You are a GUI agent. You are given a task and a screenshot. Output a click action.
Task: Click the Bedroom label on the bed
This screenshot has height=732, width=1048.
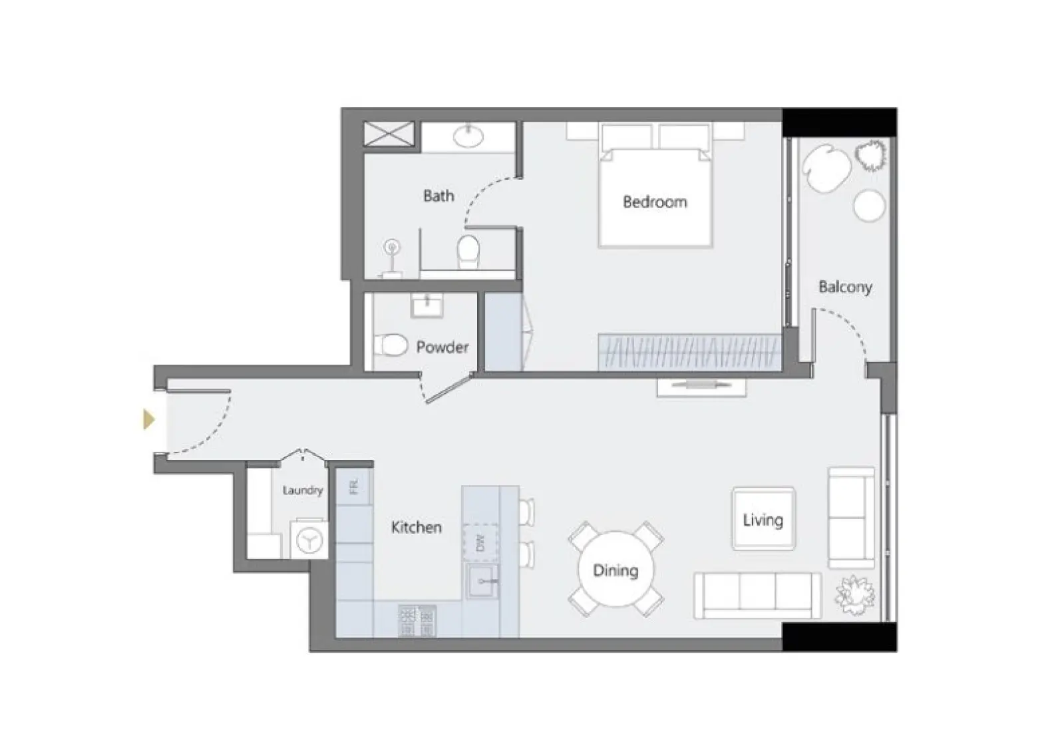coord(655,202)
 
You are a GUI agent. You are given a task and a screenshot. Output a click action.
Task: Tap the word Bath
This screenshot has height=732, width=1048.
coord(438,196)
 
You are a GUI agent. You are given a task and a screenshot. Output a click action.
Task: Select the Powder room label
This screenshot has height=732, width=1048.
coord(442,347)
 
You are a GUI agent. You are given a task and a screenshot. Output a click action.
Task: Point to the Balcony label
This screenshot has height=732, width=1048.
coord(844,287)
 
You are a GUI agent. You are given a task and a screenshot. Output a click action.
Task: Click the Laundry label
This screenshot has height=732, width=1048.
coord(302,490)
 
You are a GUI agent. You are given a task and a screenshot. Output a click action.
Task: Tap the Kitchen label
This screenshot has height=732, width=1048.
coord(416,527)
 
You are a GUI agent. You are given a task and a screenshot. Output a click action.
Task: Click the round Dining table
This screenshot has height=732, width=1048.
coord(615,570)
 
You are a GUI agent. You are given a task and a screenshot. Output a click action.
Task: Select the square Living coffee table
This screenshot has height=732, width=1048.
coord(763,519)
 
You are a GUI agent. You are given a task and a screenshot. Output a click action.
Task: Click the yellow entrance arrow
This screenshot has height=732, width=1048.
coord(149,419)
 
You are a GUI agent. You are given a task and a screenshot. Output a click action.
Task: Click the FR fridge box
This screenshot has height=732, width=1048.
coord(353,486)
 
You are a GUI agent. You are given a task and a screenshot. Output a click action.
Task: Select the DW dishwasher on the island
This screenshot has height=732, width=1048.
coord(481,542)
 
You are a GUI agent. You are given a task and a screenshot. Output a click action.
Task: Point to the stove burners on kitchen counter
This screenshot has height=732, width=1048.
coord(417,620)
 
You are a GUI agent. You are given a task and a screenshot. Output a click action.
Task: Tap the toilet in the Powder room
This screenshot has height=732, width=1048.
coord(391,345)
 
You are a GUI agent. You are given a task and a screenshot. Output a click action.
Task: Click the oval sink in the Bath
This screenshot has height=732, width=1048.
coord(469,136)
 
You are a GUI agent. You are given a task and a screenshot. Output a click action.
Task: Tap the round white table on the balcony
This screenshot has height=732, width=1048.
coord(869,206)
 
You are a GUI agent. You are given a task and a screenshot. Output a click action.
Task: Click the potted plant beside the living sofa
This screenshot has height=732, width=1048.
coord(855,594)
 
